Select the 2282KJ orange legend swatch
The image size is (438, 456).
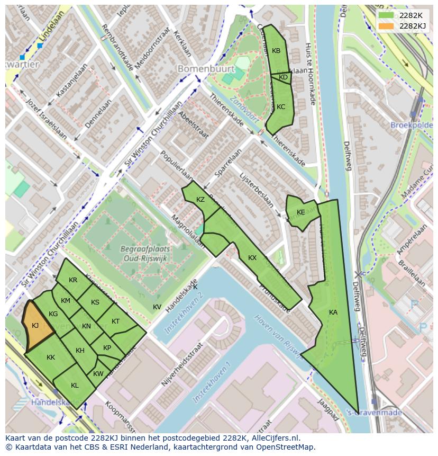tap(386, 26)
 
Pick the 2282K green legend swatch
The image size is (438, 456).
tap(386, 15)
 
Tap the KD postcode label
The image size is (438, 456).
tap(283, 78)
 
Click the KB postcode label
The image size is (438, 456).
tap(276, 51)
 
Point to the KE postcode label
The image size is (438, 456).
tap(301, 212)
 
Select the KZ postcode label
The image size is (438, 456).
tap(200, 200)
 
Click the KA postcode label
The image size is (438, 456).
tap(333, 312)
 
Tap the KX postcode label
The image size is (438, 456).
tap(252, 258)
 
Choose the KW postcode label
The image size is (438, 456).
tap(98, 374)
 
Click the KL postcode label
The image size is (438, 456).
tap(75, 386)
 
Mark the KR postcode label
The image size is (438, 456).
tap(73, 280)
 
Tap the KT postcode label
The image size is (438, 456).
tap(116, 321)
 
